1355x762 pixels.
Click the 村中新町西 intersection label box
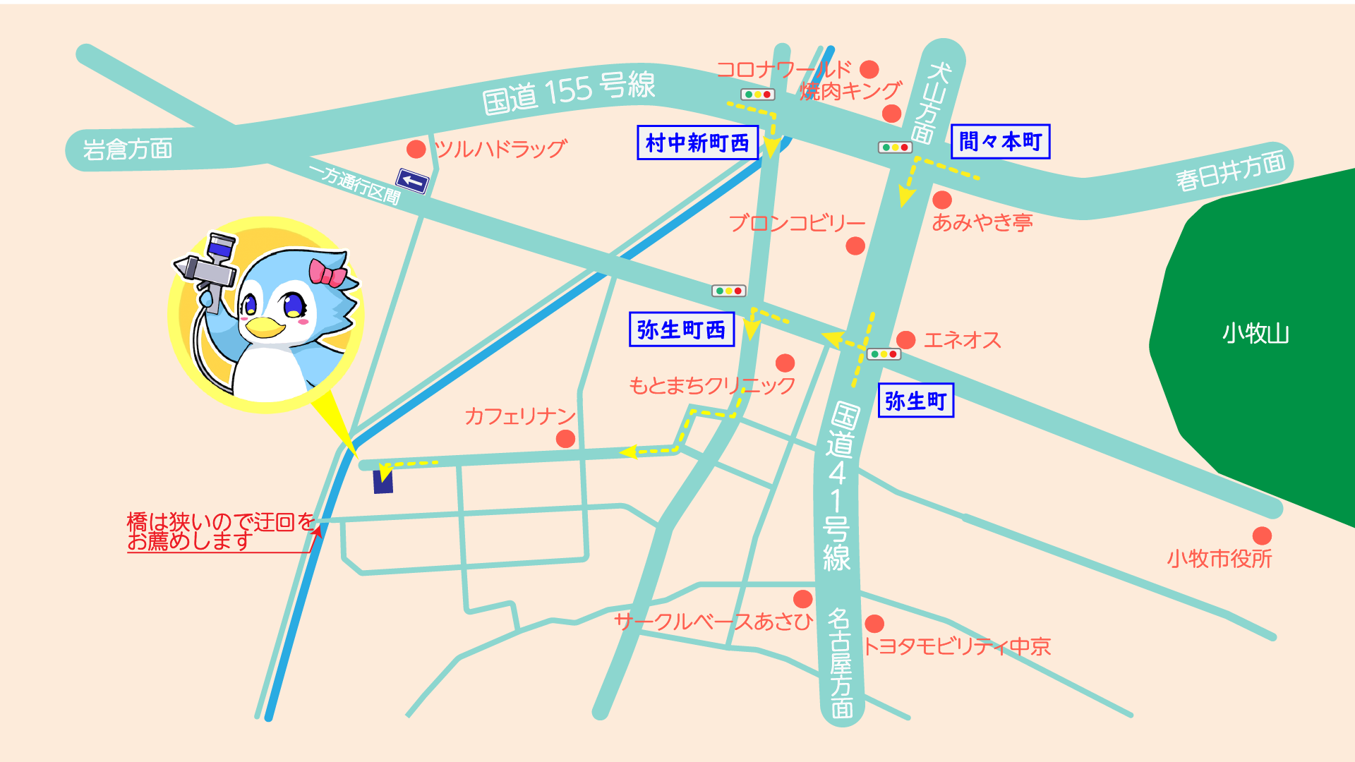(697, 143)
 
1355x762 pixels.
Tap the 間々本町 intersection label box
(1000, 141)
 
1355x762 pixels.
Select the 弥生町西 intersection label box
(681, 329)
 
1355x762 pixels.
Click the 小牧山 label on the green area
(1255, 333)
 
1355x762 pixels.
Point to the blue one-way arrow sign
(412, 181)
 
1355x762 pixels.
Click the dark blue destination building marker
(383, 480)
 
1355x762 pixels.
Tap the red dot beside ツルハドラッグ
(416, 149)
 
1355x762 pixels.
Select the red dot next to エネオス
(906, 340)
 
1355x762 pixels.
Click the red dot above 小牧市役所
(1262, 536)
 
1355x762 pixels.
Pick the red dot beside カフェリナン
(565, 439)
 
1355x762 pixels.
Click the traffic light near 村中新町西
(757, 95)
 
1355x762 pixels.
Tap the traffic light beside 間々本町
(895, 147)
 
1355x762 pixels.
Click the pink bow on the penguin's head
(327, 273)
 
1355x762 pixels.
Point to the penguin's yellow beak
(265, 327)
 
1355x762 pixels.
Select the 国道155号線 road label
(569, 92)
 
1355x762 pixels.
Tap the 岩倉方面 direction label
(128, 150)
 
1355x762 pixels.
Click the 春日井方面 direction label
(1230, 171)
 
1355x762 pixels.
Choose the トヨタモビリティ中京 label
(957, 646)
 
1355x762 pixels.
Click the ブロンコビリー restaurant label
(797, 223)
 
